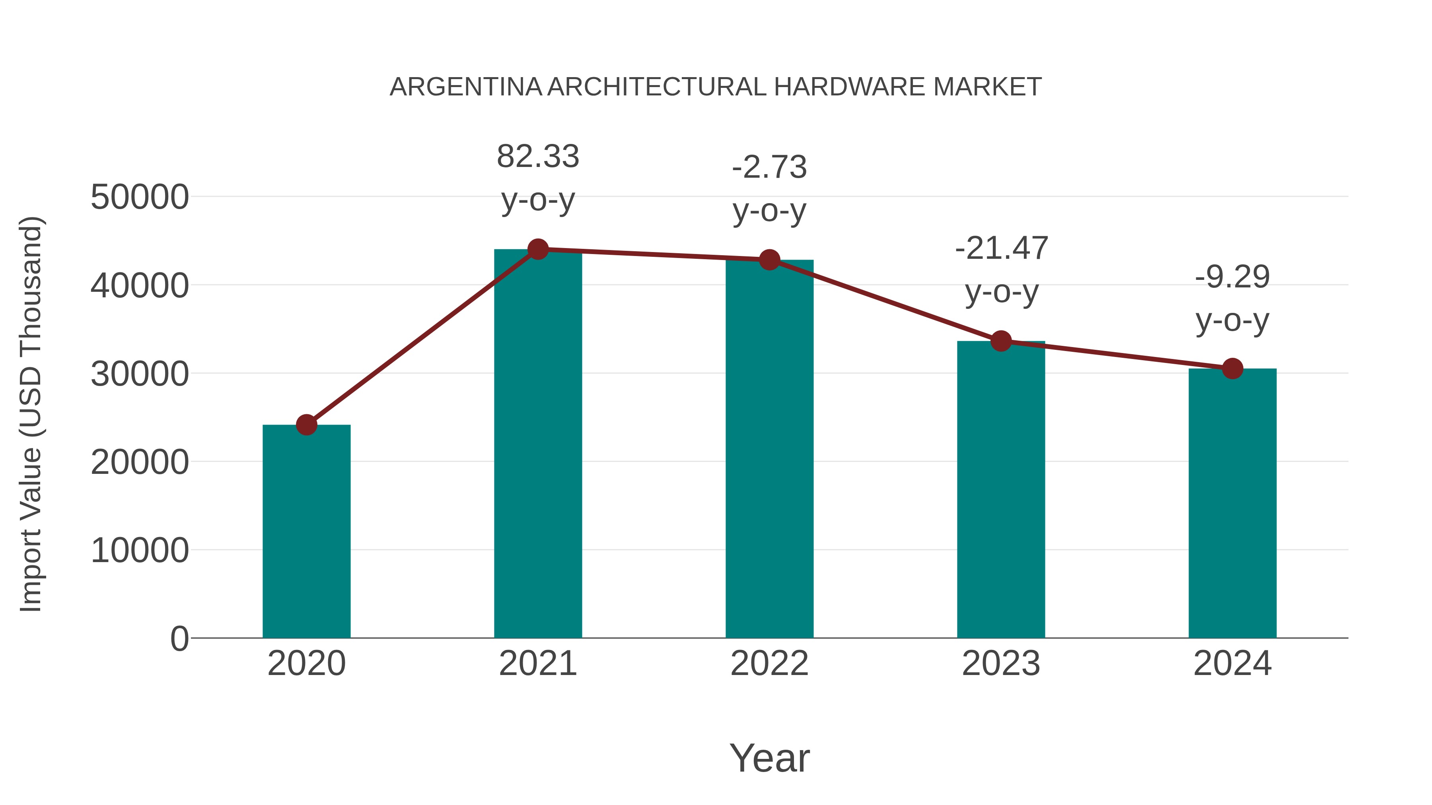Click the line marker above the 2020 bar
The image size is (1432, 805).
[x=306, y=425]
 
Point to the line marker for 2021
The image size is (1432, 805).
[x=537, y=249]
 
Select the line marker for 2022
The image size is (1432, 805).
[x=769, y=260]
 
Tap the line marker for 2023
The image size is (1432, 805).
[x=1001, y=341]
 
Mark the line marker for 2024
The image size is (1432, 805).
[x=1232, y=369]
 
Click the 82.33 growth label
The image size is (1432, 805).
[x=537, y=157]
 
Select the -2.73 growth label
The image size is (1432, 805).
[x=769, y=167]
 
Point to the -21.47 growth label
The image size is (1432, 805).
[x=1001, y=248]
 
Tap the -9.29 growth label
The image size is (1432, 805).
[x=1232, y=277]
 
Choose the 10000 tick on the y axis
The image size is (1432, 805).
[x=140, y=551]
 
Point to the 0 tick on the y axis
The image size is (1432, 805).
[x=179, y=639]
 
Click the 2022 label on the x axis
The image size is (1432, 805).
[x=769, y=663]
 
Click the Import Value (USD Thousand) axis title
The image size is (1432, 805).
[x=31, y=414]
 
